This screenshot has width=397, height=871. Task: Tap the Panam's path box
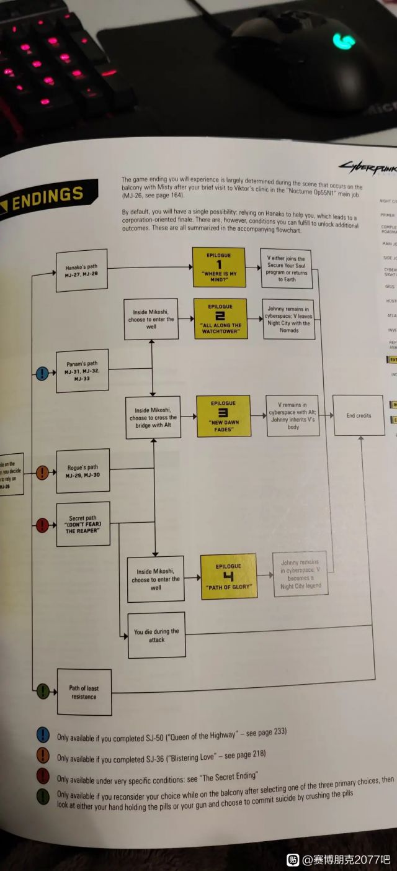82,371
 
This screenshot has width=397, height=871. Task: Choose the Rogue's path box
82,471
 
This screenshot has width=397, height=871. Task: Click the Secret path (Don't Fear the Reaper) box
83,523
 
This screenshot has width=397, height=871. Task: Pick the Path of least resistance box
84,692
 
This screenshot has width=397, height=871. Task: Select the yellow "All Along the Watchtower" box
220,318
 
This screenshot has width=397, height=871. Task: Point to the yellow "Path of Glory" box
228,575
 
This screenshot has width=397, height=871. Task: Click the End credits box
359,415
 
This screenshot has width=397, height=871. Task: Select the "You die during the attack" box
156,634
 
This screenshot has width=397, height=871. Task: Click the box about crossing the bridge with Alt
153,417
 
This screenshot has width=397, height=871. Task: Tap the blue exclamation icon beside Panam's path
42,373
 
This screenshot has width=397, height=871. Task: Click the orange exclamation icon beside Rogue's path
42,473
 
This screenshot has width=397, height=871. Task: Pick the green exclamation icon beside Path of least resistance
43,690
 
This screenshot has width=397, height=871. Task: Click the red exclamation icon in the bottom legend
43,777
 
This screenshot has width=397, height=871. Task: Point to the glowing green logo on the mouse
343,41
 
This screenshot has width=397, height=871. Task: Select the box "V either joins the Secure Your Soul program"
287,268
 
